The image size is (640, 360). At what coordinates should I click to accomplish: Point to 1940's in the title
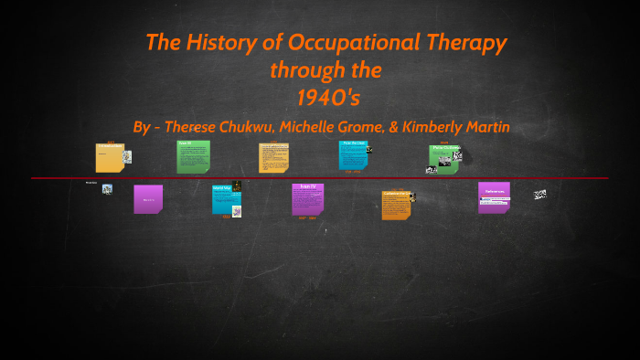click(325, 96)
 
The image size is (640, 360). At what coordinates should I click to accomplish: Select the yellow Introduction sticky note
click(110, 157)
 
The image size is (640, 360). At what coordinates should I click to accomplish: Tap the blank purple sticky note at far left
click(148, 198)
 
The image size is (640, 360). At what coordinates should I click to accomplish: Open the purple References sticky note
click(494, 196)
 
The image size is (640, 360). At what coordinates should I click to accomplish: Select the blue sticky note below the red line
click(224, 199)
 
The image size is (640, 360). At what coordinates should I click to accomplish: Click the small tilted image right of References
click(540, 194)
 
